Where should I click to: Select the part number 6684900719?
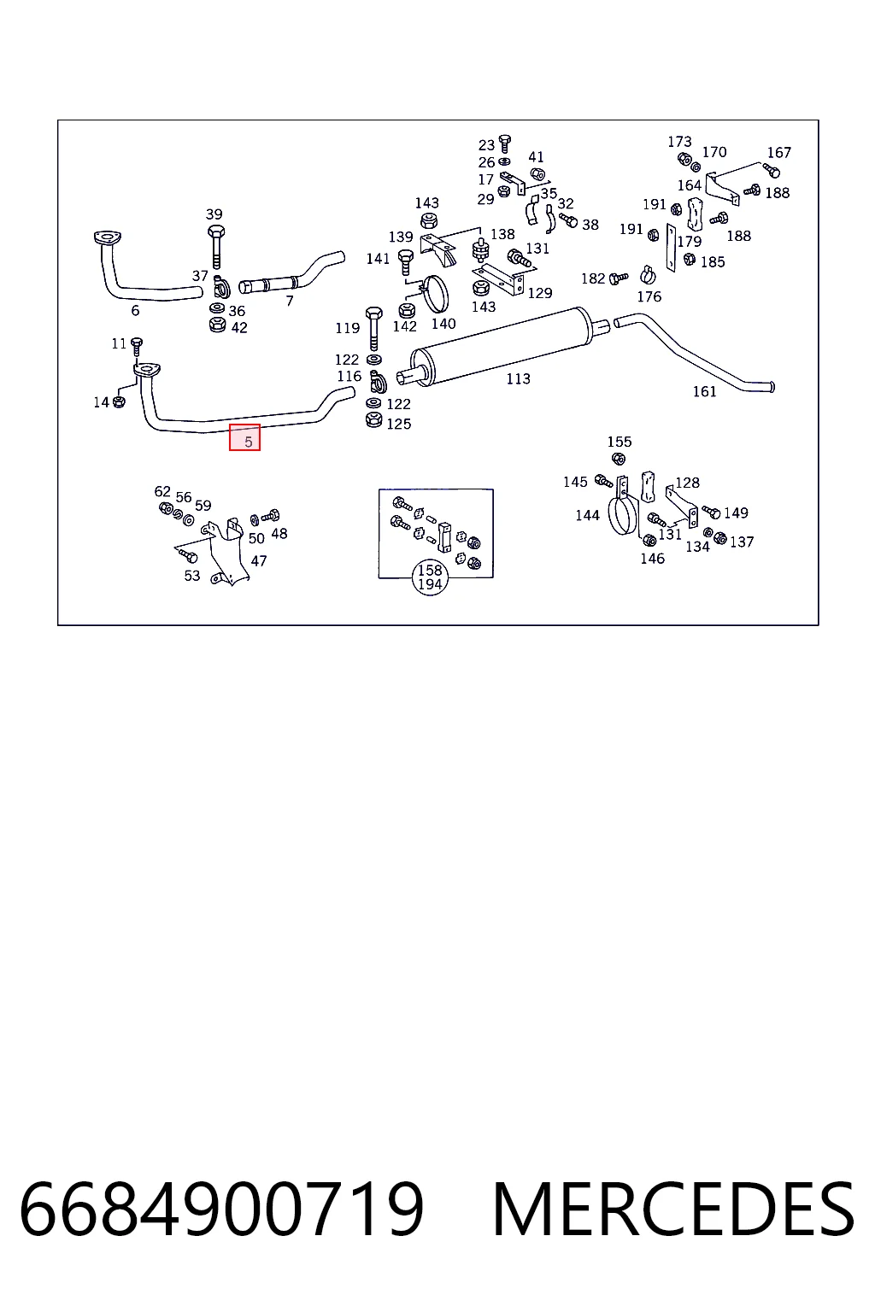coord(221,1210)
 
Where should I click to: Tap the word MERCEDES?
coord(673,1210)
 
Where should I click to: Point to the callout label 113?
coord(518,379)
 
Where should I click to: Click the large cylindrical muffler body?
coord(501,346)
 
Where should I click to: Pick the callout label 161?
coord(704,391)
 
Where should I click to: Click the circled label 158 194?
coord(430,577)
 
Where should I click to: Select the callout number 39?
coord(214,214)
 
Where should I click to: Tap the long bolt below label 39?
coord(215,246)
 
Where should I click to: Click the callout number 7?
coord(290,301)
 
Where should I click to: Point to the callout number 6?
coord(135,310)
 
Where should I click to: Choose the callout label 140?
coord(443,324)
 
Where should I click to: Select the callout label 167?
coord(779,152)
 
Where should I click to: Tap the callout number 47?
coord(258,560)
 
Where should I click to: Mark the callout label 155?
coord(620,442)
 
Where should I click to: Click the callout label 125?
coord(398,424)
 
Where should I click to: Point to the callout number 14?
coord(102,402)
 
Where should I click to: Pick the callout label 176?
coord(649,296)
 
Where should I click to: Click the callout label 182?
coord(593,278)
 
